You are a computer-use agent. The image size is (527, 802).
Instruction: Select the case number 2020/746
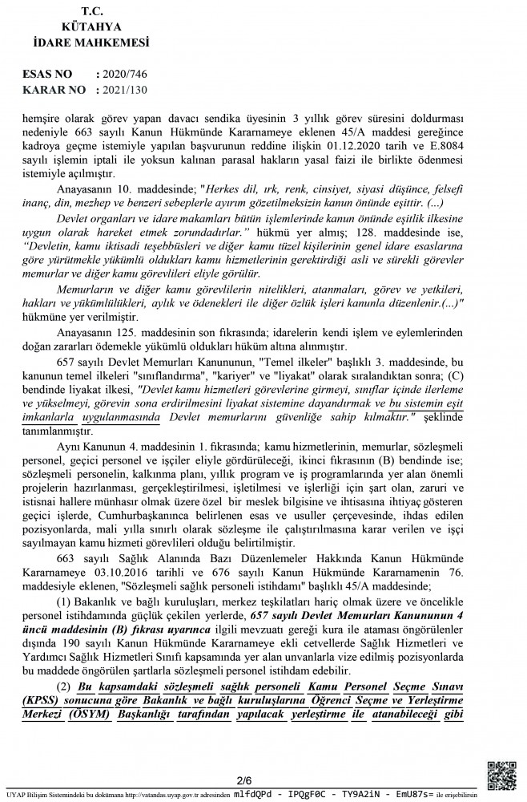126,73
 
